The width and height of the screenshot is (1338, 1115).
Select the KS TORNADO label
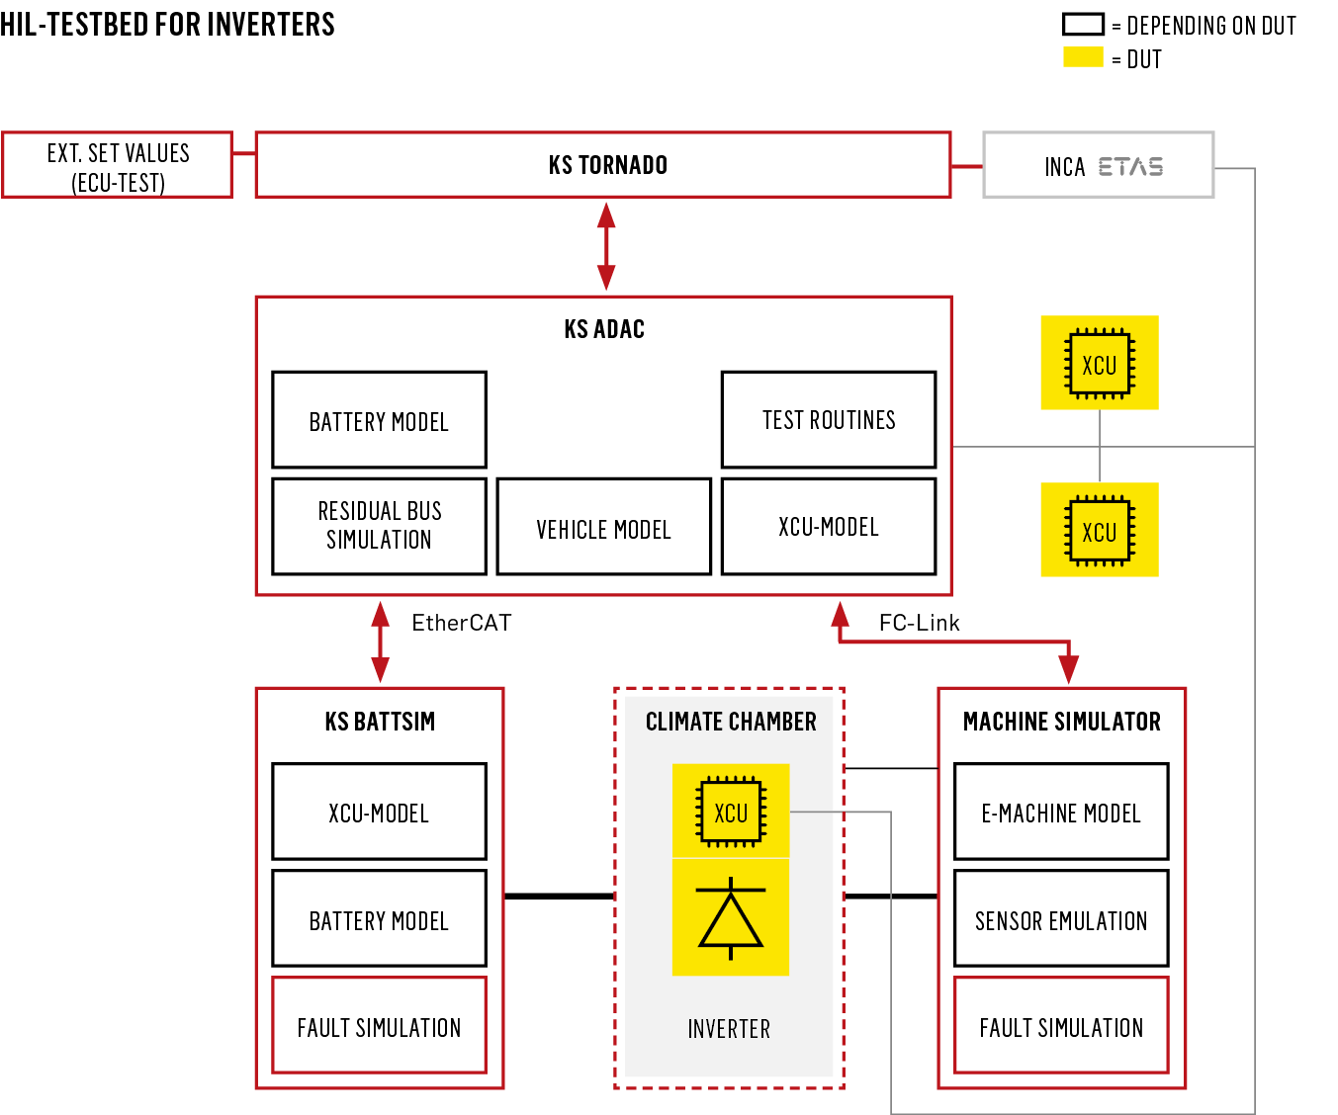pos(607,165)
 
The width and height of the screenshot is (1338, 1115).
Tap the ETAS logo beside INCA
pos(1130,167)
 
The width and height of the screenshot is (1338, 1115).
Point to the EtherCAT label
pos(462,623)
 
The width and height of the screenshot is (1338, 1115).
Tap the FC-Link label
pos(919,623)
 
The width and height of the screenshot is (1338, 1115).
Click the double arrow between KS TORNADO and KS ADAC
pos(606,246)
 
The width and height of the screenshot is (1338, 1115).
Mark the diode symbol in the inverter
pos(731,917)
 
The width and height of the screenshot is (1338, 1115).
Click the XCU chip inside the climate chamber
pos(731,812)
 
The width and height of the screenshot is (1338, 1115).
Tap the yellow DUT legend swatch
pos(1083,57)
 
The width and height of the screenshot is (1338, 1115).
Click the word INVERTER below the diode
pos(729,1029)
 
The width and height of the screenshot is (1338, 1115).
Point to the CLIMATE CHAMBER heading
pos(731,722)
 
